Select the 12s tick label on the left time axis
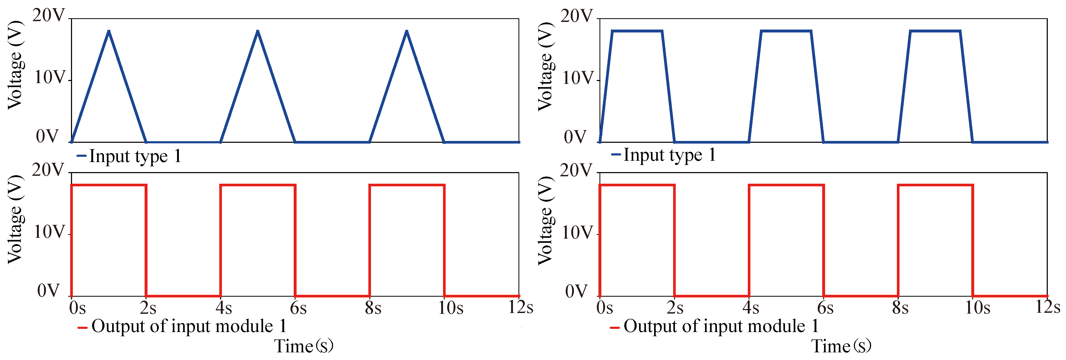pos(520,307)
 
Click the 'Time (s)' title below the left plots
pos(304,346)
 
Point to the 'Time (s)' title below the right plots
pos(841,346)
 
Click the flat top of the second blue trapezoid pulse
pos(786,31)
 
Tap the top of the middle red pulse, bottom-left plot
pos(258,185)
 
